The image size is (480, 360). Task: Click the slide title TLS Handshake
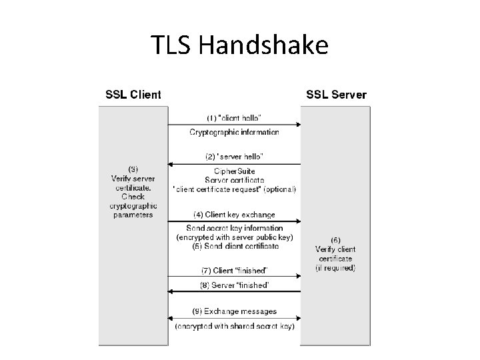point(239,45)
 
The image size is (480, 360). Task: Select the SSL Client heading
point(133,95)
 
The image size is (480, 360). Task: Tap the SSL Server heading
point(336,95)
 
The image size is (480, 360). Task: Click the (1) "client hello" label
point(234,118)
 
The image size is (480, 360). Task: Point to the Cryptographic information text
point(234,132)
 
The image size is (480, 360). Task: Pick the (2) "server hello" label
point(234,157)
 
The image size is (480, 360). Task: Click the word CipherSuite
point(234,171)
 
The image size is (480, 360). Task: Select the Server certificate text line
point(234,180)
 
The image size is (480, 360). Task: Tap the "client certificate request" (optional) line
point(234,189)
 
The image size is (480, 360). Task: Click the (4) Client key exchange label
point(234,215)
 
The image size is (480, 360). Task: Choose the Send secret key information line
point(234,229)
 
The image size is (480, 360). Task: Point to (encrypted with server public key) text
point(234,237)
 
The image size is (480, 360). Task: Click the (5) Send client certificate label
point(234,247)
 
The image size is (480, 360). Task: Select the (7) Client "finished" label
point(234,271)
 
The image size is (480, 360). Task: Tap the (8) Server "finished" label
point(234,285)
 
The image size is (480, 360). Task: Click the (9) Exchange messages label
point(234,311)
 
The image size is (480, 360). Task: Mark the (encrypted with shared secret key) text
point(234,326)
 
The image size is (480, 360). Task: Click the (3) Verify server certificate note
point(133,191)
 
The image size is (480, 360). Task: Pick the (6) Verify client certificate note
point(335,253)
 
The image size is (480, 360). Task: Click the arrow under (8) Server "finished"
point(234,292)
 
